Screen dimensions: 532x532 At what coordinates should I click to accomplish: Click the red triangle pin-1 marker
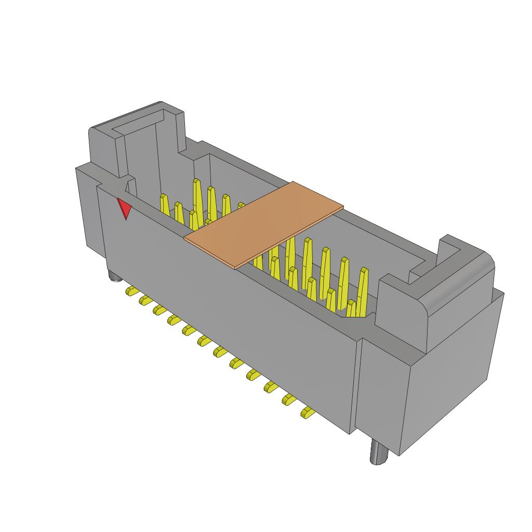tap(124, 208)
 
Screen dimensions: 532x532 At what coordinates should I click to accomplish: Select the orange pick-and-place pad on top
tap(264, 224)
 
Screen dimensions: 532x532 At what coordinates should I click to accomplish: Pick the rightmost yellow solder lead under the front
tap(307, 413)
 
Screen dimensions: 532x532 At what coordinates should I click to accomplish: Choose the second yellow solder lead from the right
tap(288, 400)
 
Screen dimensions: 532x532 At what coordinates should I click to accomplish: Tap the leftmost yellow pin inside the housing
tap(164, 204)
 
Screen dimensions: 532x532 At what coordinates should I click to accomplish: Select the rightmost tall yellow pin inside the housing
tap(363, 291)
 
